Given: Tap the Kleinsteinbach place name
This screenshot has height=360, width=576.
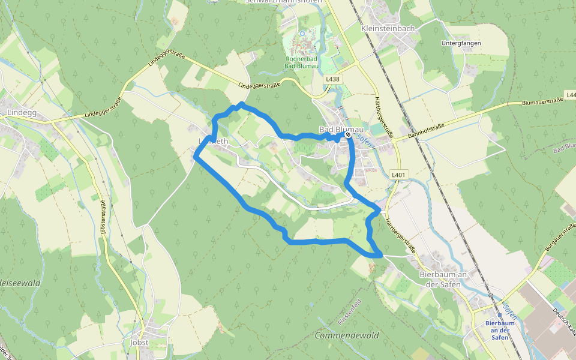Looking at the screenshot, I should [x=384, y=28].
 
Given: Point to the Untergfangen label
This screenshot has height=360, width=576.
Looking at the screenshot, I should [x=458, y=43].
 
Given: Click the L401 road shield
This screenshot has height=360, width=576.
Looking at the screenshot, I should [x=398, y=175].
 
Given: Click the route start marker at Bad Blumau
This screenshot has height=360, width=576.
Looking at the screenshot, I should [x=348, y=135].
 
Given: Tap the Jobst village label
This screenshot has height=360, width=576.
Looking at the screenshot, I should [x=139, y=342].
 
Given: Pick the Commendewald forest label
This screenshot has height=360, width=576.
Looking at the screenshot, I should [x=347, y=335].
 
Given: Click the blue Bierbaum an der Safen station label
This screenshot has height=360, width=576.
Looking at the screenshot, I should [x=500, y=331].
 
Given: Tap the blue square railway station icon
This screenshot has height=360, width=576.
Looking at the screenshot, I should [x=499, y=314].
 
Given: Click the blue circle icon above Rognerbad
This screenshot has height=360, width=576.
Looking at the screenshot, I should [x=302, y=34].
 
